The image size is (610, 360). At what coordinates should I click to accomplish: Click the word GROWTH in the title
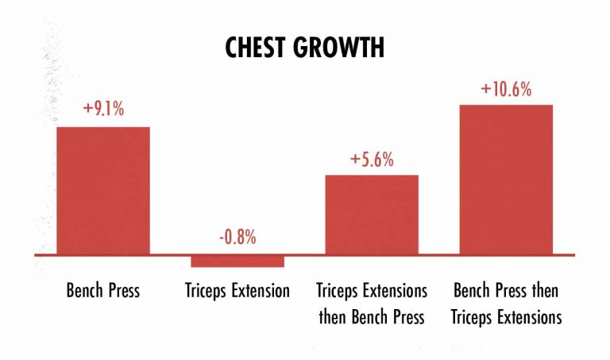pos(345,47)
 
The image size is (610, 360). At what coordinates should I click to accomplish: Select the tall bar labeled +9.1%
pos(103,191)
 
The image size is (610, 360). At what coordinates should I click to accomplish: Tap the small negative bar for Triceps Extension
pos(237,261)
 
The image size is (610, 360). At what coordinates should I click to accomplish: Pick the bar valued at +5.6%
pos(372,215)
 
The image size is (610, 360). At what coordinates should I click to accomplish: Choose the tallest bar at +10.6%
pos(506,180)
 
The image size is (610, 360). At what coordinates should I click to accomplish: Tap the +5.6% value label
pos(372,159)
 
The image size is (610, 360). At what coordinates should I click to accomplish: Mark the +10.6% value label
pos(506,89)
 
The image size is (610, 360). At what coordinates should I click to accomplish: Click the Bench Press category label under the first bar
pos(103,290)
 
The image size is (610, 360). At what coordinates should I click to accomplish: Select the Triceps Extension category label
pos(237,290)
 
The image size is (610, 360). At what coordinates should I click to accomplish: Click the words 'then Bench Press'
pos(372,317)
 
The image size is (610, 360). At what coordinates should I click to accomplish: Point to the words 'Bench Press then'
pos(506,290)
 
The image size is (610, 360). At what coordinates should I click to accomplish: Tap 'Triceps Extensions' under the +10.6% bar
pos(506,317)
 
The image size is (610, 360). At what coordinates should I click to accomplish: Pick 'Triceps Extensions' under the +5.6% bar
pos(372,290)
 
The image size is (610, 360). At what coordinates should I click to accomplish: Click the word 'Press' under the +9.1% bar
pos(122,290)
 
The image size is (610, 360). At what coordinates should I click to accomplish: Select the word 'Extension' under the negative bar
pos(260,290)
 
